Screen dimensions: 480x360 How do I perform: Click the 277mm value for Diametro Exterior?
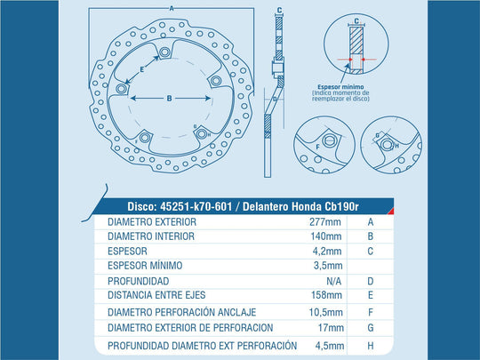[325, 221]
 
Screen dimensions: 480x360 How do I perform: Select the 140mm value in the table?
[326, 236]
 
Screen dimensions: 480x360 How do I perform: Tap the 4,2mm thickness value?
[327, 252]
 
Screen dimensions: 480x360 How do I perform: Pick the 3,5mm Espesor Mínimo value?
[328, 266]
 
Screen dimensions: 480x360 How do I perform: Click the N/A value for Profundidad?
[333, 281]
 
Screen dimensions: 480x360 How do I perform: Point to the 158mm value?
[326, 295]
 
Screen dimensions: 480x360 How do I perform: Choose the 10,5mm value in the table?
[325, 312]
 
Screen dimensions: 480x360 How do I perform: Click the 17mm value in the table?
[331, 328]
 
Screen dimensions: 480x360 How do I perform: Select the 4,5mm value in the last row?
[330, 346]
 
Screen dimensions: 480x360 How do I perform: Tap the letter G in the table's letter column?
[371, 328]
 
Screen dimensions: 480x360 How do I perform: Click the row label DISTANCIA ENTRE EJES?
[156, 295]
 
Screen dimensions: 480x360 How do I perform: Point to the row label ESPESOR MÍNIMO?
[145, 265]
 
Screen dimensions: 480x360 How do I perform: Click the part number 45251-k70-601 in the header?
[196, 206]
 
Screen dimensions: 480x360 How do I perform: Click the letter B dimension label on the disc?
[169, 99]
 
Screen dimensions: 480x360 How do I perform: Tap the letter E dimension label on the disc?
[141, 69]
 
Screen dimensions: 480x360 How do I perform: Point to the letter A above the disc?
[172, 9]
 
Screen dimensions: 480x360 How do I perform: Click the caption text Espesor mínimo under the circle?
[340, 87]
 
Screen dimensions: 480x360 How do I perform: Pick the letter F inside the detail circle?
[317, 147]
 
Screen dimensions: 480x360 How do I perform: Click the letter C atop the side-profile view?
[279, 11]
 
